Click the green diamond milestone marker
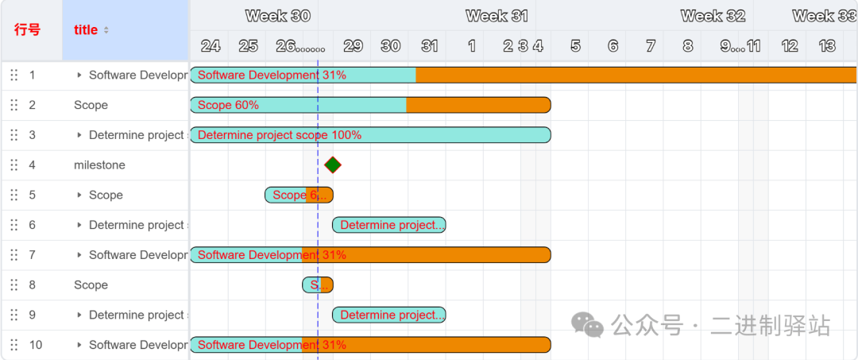[333, 165]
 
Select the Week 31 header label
[497, 16]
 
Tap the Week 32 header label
[713, 16]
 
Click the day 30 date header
[390, 46]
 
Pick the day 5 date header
[575, 46]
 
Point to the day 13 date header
[827, 46]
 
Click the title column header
[86, 30]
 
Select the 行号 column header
[27, 30]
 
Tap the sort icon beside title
[106, 30]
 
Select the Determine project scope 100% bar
[369, 135]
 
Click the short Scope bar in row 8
[318, 285]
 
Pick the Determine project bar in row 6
[388, 225]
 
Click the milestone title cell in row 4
[99, 165]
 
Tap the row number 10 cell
[36, 345]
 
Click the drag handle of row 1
[14, 75]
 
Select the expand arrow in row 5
[79, 195]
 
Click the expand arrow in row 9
[79, 315]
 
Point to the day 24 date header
[211, 46]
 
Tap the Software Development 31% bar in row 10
[369, 345]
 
